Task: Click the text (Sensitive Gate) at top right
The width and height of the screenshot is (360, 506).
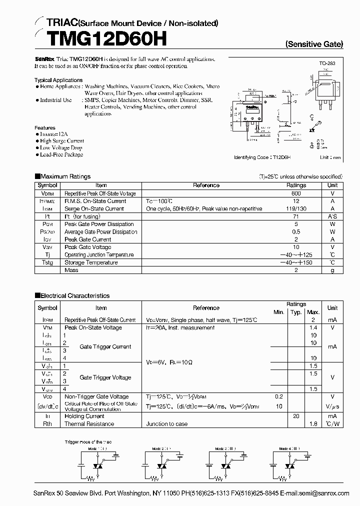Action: click(x=314, y=44)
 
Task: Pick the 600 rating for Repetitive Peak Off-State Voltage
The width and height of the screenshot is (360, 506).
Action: click(x=296, y=193)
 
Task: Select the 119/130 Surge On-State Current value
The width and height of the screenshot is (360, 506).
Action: click(x=296, y=208)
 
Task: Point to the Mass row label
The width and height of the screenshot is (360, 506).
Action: click(x=71, y=270)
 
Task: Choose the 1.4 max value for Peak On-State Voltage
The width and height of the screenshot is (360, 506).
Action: click(x=313, y=327)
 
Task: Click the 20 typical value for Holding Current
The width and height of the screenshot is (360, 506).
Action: click(x=296, y=416)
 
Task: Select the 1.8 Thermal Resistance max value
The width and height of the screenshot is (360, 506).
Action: click(x=313, y=424)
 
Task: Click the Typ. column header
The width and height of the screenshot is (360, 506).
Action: click(x=296, y=312)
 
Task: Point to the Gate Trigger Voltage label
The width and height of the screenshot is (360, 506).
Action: click(x=105, y=377)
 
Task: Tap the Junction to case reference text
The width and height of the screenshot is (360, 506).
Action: click(x=167, y=424)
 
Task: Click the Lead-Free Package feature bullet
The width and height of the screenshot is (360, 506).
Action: click(x=61, y=154)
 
